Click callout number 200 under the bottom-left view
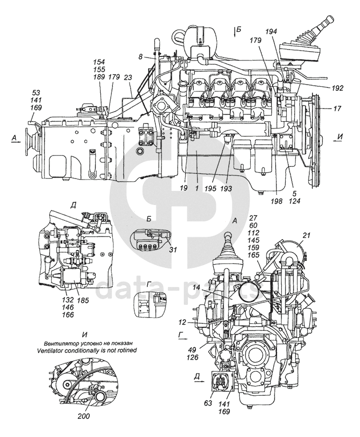click(x=84, y=416)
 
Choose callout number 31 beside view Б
click(x=172, y=250)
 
